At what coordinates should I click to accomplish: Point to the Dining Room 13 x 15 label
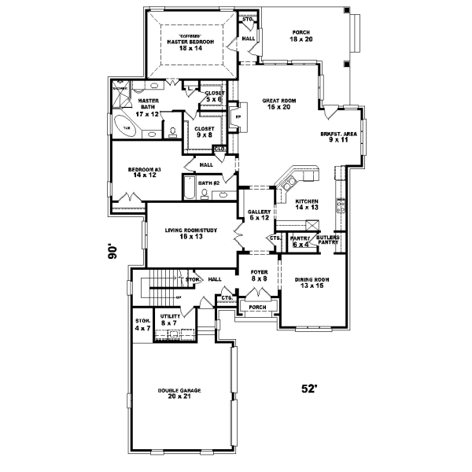(312, 282)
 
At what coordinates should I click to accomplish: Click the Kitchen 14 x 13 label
(307, 205)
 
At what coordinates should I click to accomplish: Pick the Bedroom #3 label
(145, 172)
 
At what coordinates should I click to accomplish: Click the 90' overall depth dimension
(112, 252)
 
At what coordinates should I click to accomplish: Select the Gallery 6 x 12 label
(260, 215)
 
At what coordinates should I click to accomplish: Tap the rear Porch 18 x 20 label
(301, 36)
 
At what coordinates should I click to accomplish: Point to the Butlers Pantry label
(328, 239)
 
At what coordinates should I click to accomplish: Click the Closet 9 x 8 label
(204, 131)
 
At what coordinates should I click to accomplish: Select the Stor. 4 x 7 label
(142, 323)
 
